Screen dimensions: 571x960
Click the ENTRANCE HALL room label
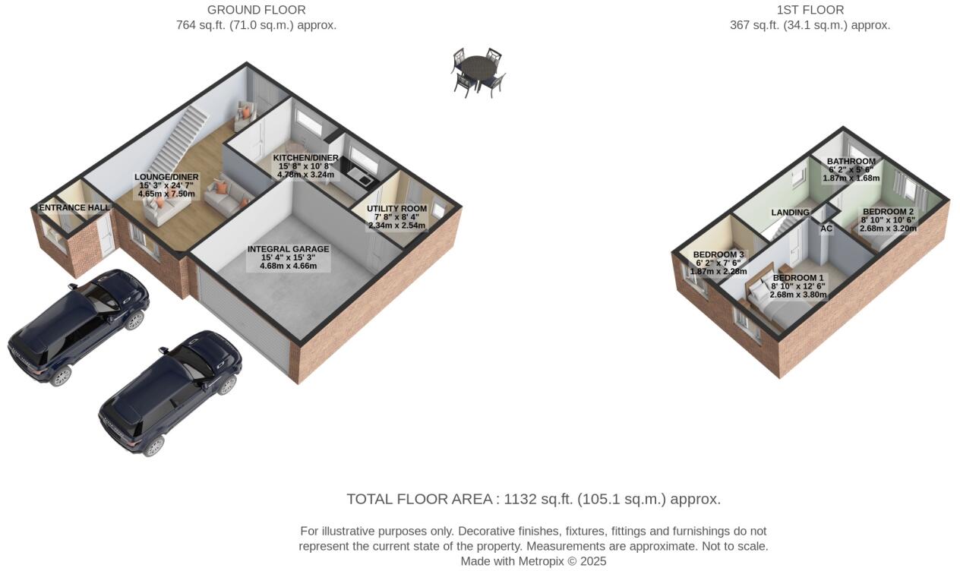pos(74,207)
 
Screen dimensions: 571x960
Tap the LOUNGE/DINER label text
pos(166,177)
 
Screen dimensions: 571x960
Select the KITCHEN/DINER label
pos(306,158)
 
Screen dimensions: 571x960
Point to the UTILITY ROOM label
pos(396,209)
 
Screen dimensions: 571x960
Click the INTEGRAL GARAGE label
pos(288,249)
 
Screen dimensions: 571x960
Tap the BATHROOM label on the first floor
pos(851,162)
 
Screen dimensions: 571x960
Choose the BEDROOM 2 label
pos(888,212)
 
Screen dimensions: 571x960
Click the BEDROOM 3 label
pos(718,255)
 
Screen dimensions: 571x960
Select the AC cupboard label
pos(826,229)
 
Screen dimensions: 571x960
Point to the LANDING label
pos(790,213)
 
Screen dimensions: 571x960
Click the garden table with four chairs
pos(478,72)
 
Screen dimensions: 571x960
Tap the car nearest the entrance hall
pos(80,326)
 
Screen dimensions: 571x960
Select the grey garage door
pos(245,322)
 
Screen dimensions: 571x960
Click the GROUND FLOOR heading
pos(256,10)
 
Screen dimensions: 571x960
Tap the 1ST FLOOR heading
pos(810,10)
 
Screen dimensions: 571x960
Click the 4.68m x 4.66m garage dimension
pos(288,267)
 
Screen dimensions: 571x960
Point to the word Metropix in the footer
pos(545,562)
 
